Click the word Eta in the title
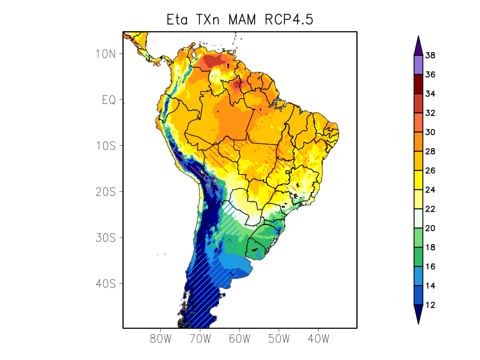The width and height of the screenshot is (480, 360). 179,20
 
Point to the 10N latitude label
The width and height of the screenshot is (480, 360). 105,53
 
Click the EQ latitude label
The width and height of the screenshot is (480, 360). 108,100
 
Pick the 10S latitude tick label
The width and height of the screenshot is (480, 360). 105,146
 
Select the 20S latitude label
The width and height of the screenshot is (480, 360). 105,191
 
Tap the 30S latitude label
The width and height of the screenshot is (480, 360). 105,238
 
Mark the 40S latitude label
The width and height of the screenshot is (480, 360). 105,283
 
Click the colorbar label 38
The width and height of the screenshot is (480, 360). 430,56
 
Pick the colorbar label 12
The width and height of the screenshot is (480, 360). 430,305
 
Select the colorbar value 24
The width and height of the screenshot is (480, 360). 430,190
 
